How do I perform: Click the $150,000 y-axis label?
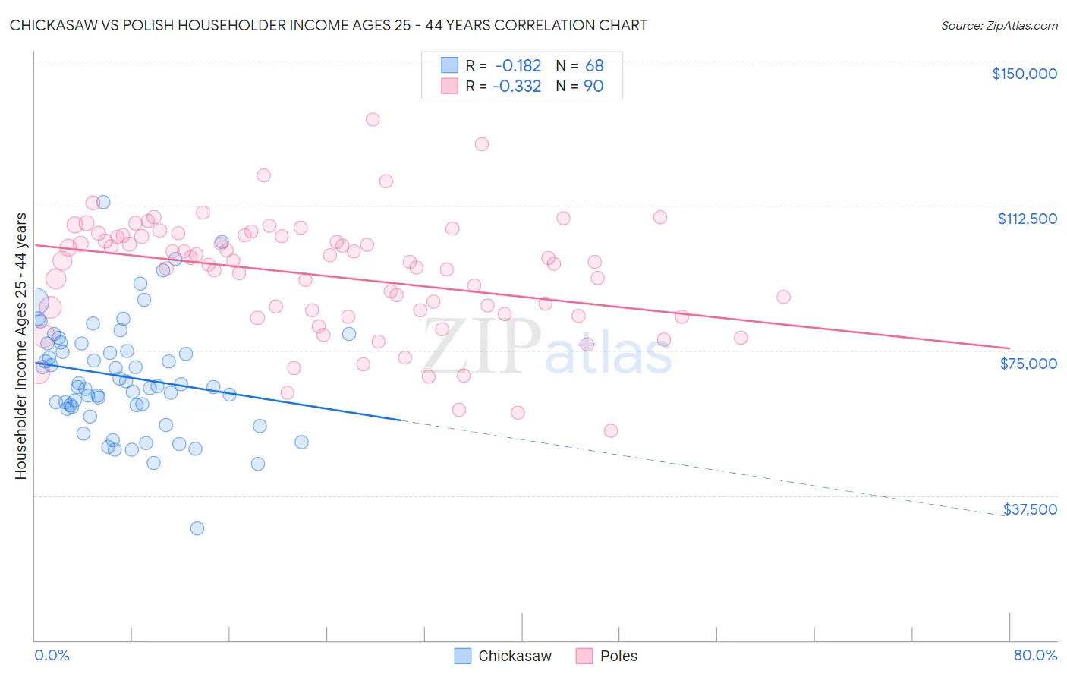(x=1024, y=74)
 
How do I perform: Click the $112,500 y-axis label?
(x=1027, y=219)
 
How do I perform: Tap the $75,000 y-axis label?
(x=1028, y=364)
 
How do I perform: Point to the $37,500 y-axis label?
(x=1030, y=509)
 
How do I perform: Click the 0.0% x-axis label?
(x=52, y=655)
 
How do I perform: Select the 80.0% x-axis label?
(x=1035, y=655)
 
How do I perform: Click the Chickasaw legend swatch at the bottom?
(x=462, y=656)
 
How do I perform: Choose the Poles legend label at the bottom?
(x=618, y=656)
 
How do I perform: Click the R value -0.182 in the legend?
(x=518, y=65)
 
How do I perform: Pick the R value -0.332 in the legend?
(x=517, y=86)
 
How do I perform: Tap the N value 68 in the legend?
(x=594, y=65)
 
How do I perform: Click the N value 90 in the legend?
(x=593, y=86)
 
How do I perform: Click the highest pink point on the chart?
(x=373, y=119)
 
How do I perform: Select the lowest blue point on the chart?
(x=197, y=528)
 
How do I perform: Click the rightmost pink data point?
(x=783, y=297)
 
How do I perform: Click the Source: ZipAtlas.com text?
(x=999, y=26)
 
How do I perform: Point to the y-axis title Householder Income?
(x=20, y=346)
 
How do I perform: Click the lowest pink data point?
(x=611, y=430)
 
